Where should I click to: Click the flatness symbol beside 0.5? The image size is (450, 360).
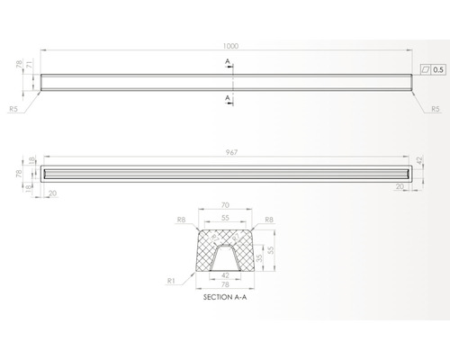[426, 68]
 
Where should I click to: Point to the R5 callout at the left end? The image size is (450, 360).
[13, 108]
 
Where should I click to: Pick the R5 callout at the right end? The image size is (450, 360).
[435, 108]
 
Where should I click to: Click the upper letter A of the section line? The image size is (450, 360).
[229, 60]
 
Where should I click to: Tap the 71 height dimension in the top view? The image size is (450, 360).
[30, 64]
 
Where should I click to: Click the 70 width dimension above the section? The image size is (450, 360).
[224, 206]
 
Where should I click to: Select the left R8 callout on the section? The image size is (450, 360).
[182, 219]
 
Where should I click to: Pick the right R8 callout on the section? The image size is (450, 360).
[268, 219]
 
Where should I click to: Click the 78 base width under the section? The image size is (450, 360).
[224, 285]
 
